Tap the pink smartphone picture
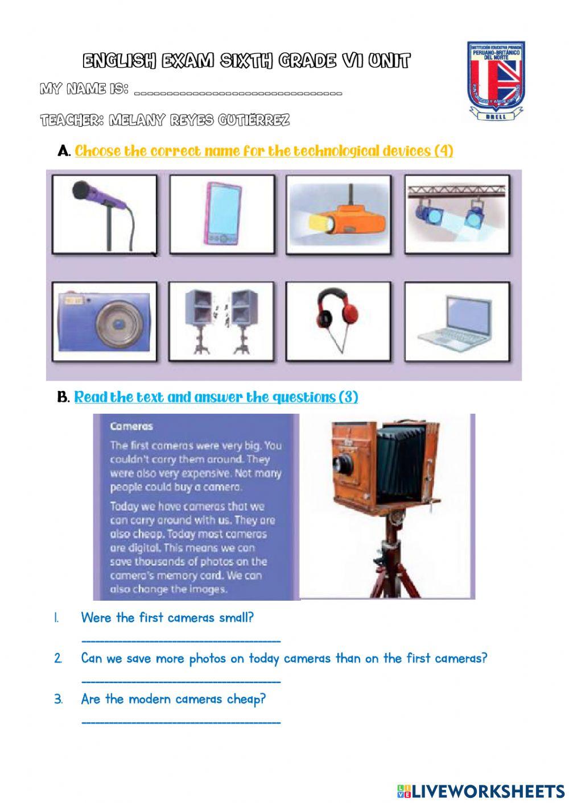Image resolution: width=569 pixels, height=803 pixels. click(221, 213)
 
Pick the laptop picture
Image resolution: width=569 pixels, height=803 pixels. click(456, 321)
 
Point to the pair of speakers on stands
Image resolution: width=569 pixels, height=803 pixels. click(221, 321)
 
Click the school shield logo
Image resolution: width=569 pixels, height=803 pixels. click(495, 81)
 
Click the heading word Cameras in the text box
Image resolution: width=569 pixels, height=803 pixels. click(131, 426)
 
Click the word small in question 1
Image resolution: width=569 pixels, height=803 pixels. click(236, 617)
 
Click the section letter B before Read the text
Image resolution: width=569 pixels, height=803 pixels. click(63, 397)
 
